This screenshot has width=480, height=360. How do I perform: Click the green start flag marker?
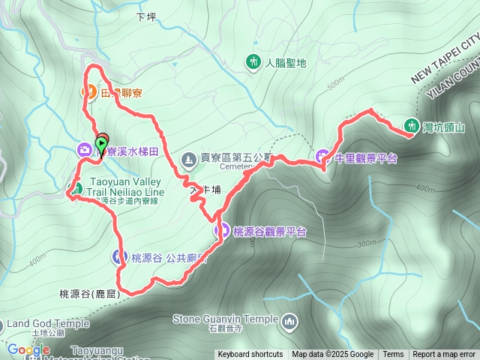click(x=102, y=142)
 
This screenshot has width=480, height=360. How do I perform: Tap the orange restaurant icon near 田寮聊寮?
click(x=88, y=92)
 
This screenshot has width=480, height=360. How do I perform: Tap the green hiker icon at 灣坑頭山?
click(x=411, y=125)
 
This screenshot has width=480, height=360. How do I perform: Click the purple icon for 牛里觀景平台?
click(x=323, y=157)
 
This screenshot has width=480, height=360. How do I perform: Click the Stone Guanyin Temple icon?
click(x=289, y=322)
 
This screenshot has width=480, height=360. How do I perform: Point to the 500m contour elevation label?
click(x=335, y=80)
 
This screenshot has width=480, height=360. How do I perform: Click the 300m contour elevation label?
click(x=367, y=242)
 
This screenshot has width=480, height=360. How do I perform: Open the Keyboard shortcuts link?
click(x=250, y=355)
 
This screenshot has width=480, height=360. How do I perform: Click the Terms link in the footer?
click(x=393, y=355)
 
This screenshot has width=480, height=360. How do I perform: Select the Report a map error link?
click(x=444, y=355)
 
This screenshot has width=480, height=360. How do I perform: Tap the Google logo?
click(x=28, y=349)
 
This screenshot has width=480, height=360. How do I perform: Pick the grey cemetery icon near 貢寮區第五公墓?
click(x=188, y=159)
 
